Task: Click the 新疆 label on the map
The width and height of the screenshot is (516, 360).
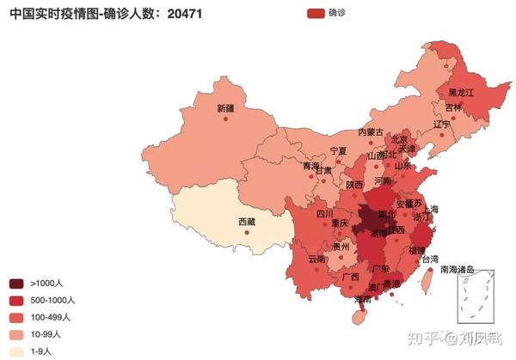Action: coord(225,108)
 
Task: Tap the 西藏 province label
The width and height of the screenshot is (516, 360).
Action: coord(247,222)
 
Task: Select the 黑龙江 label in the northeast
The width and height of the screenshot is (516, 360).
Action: coord(461,92)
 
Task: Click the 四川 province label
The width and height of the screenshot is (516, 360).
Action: coord(324,214)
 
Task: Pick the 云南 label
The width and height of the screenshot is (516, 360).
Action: coord(316,259)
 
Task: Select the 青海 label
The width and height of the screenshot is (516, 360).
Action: coord(310,166)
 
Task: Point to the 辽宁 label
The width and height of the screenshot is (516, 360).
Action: coord(442,125)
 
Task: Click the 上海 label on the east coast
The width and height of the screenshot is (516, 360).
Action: coord(430,209)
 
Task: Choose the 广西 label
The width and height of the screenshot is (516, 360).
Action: coord(350,277)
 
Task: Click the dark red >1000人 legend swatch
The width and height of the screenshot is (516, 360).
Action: coord(16,284)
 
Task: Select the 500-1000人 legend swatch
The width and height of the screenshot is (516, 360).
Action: coord(16,301)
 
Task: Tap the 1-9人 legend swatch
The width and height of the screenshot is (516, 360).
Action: coord(16,351)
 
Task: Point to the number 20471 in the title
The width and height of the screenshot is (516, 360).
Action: coord(184,14)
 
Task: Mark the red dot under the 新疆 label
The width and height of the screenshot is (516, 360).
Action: coord(225,119)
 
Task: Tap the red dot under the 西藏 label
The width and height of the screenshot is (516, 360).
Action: coord(247,232)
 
